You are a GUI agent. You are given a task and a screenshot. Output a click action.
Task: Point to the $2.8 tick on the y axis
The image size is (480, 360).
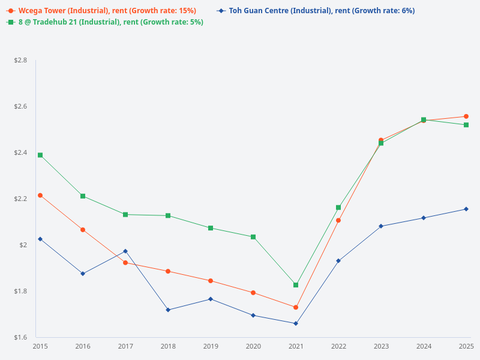[x=20, y=61]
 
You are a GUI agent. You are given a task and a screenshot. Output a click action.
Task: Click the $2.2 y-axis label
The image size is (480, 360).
[x=20, y=199]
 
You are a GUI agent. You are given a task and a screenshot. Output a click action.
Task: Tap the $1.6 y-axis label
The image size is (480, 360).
[x=20, y=337]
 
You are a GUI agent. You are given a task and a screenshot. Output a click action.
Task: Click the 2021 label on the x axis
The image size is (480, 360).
[x=296, y=346]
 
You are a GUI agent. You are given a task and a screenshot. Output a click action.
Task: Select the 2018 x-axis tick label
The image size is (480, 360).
[x=168, y=346]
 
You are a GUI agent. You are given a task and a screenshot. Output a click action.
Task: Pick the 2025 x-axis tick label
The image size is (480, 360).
[x=466, y=346]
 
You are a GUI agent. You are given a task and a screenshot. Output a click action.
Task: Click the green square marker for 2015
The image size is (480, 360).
[x=40, y=155]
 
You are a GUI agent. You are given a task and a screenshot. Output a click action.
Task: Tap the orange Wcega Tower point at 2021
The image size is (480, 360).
[x=296, y=307]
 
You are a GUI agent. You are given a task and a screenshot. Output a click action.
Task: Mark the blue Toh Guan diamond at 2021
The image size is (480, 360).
[x=296, y=323]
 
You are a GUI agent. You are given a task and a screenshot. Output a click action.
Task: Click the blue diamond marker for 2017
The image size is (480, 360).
[x=125, y=251]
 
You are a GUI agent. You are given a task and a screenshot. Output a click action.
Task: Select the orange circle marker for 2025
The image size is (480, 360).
[x=466, y=116]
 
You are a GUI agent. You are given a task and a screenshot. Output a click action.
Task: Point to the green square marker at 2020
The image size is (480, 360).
[x=253, y=237]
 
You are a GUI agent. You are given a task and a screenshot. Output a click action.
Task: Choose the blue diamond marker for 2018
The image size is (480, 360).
[x=168, y=310]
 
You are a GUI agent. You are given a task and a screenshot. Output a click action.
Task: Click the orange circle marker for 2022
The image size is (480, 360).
[x=338, y=220]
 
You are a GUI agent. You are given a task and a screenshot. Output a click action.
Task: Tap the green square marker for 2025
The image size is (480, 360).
[x=466, y=125]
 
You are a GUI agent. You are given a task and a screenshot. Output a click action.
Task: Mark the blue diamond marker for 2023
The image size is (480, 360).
[x=381, y=226]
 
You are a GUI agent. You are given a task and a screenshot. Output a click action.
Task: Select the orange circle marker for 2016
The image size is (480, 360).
[x=83, y=230]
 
